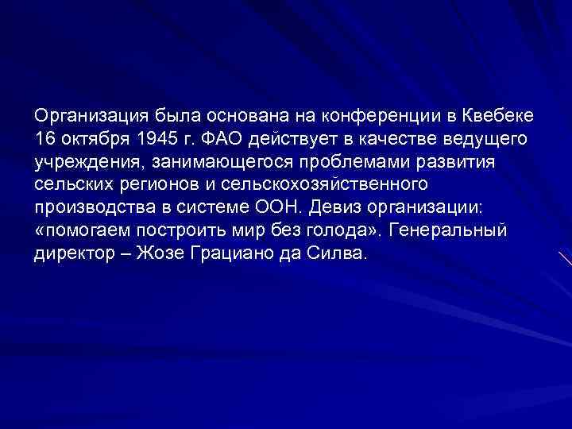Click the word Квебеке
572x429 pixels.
[495, 118]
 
